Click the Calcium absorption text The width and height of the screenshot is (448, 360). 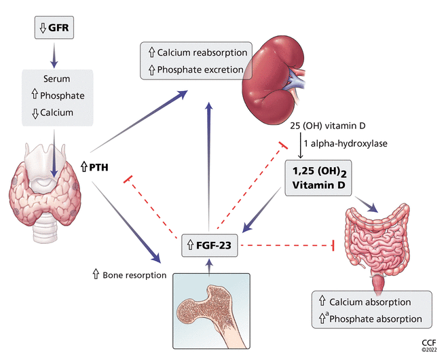(x=377, y=302)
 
